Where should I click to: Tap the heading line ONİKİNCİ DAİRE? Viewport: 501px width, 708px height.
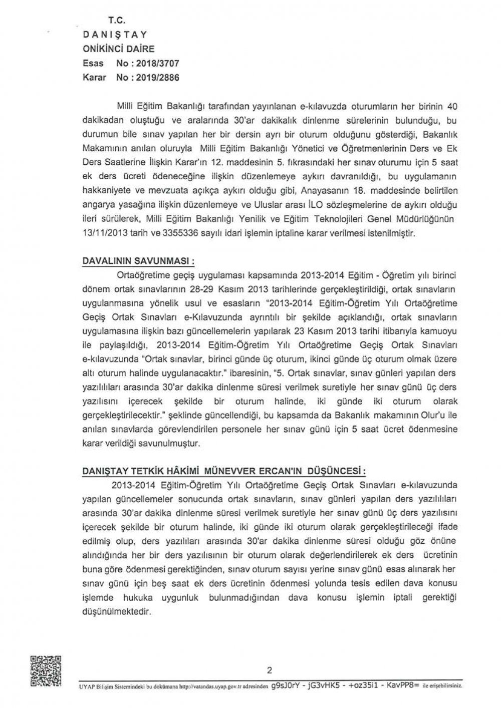click(119, 49)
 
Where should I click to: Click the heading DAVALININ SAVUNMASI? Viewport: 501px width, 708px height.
click(138, 262)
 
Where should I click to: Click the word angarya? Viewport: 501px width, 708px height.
click(98, 206)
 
